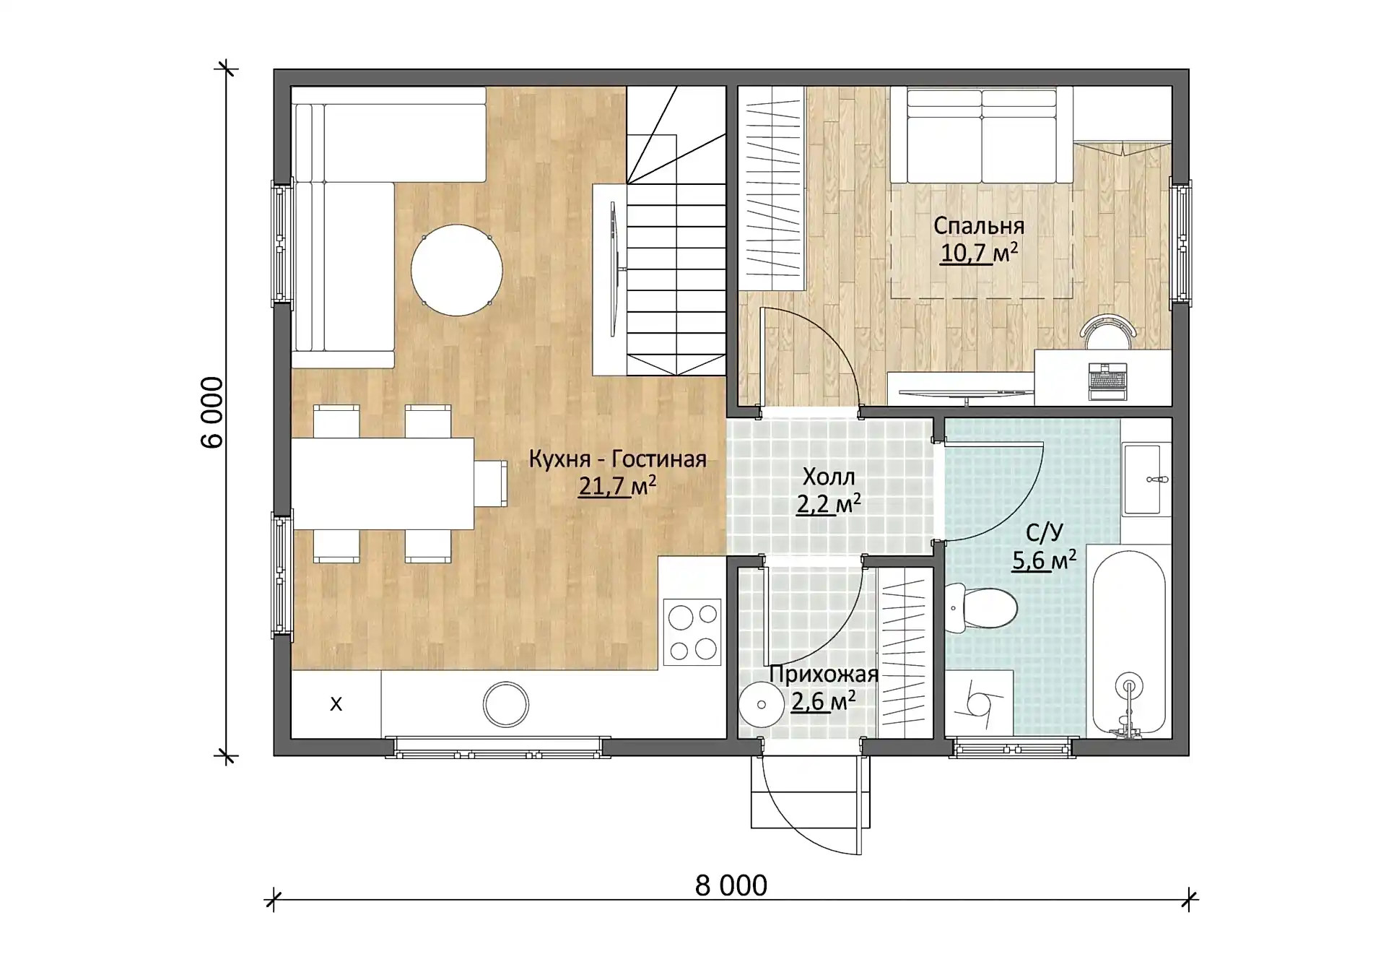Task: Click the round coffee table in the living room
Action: pos(456,270)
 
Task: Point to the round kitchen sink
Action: pos(505,704)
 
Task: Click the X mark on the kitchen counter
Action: pos(336,704)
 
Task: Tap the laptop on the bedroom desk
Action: pos(1107,381)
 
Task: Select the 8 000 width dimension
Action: pos(731,885)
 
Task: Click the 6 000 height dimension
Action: pos(212,412)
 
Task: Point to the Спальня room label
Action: pos(979,225)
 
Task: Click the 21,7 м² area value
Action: pos(617,486)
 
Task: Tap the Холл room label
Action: pos(829,477)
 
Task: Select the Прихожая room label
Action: pos(824,674)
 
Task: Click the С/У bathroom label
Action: pos(1045,533)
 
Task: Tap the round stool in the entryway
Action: pos(761,705)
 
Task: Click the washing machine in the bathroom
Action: pos(979,704)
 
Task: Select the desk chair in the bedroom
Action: pos(1107,331)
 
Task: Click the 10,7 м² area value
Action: pos(979,253)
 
